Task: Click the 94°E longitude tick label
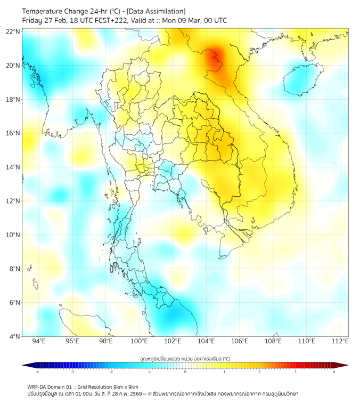(39, 342)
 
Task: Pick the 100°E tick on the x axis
(140, 342)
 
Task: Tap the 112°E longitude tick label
(340, 342)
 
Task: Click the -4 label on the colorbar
(36, 372)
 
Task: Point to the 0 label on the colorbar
(185, 372)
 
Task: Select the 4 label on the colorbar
(334, 372)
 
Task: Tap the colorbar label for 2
(260, 372)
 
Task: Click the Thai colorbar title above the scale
(185, 359)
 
